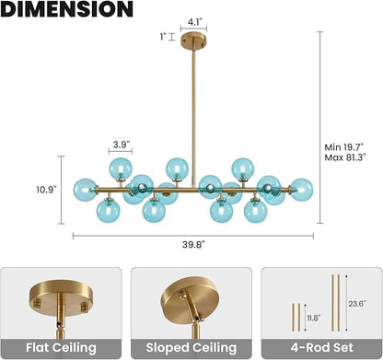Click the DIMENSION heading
pos(66,9)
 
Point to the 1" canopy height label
pos(163,37)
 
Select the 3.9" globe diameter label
pos(121,145)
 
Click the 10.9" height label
pos(46,190)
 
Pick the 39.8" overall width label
pos(193,245)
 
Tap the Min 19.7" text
pos(344,147)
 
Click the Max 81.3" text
pos(345,157)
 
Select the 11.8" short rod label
pos(314,318)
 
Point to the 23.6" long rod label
pos(357,304)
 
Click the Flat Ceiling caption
pos(61,348)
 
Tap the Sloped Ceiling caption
pos(191,348)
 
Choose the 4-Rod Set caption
pos(322,347)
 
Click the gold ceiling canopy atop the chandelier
pos(193,40)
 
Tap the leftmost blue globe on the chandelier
pos(85,190)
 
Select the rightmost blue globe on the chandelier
pos(302,190)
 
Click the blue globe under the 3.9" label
pos(121,168)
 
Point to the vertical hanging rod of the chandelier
pos(193,117)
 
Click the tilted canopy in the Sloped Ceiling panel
pos(188,298)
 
